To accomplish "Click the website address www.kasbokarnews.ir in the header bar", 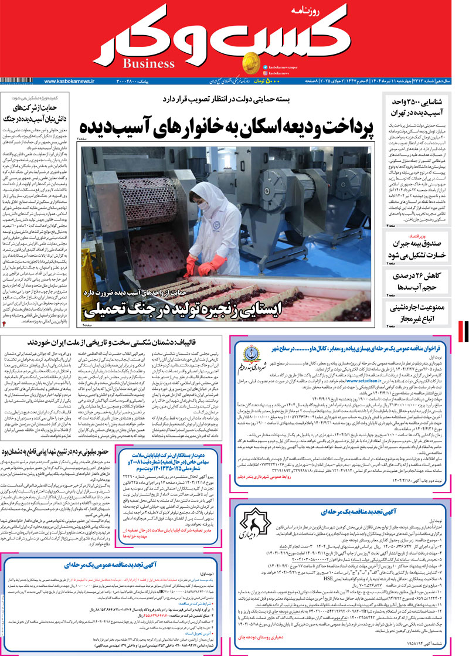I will [x=69, y=81].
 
